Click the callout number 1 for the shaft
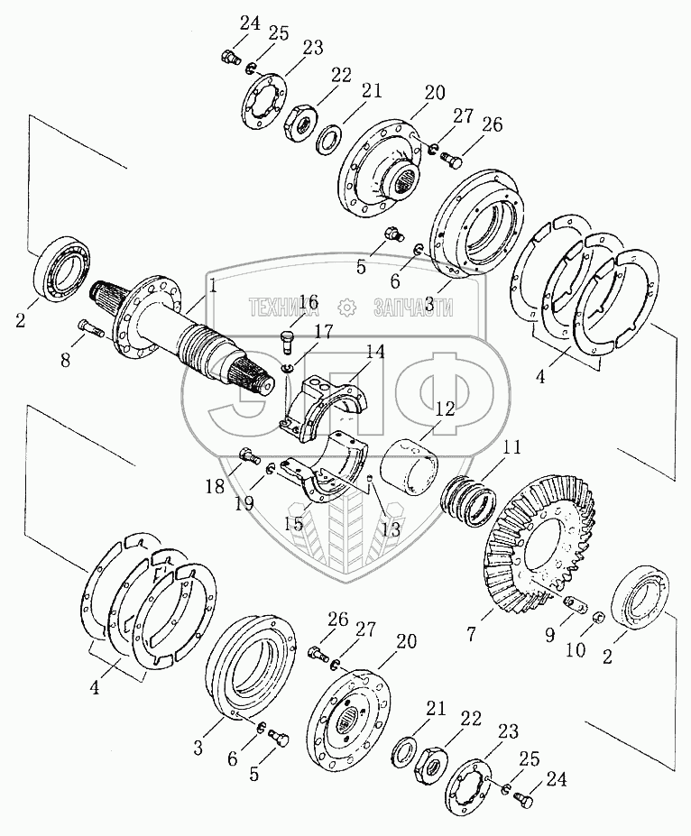click(x=213, y=288)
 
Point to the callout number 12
click(x=445, y=409)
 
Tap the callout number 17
click(x=324, y=332)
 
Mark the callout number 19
click(x=245, y=503)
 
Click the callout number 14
click(x=375, y=352)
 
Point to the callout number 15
click(x=294, y=524)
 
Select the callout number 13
click(x=391, y=528)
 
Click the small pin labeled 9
click(x=576, y=603)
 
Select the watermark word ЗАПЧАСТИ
click(x=414, y=308)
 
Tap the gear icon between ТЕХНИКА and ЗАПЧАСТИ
click(x=347, y=308)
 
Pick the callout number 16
click(x=309, y=314)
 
